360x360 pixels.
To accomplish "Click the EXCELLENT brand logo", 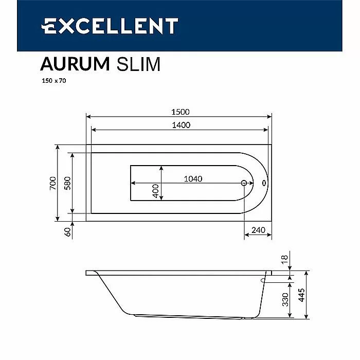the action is pos(110,26).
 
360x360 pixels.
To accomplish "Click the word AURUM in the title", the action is pos(75,64).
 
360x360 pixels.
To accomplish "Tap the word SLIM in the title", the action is pos(138,64).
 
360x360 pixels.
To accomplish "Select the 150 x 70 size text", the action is pos(54,81).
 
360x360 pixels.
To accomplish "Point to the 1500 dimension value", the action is pos(181,112).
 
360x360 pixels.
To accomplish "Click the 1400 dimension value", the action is pos(181,125).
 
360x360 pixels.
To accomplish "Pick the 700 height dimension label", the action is pos(53,183).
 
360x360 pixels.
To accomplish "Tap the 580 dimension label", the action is pos(67,183).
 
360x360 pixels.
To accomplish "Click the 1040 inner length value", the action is pos(193,179).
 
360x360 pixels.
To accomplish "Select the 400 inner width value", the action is pos(156,191).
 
